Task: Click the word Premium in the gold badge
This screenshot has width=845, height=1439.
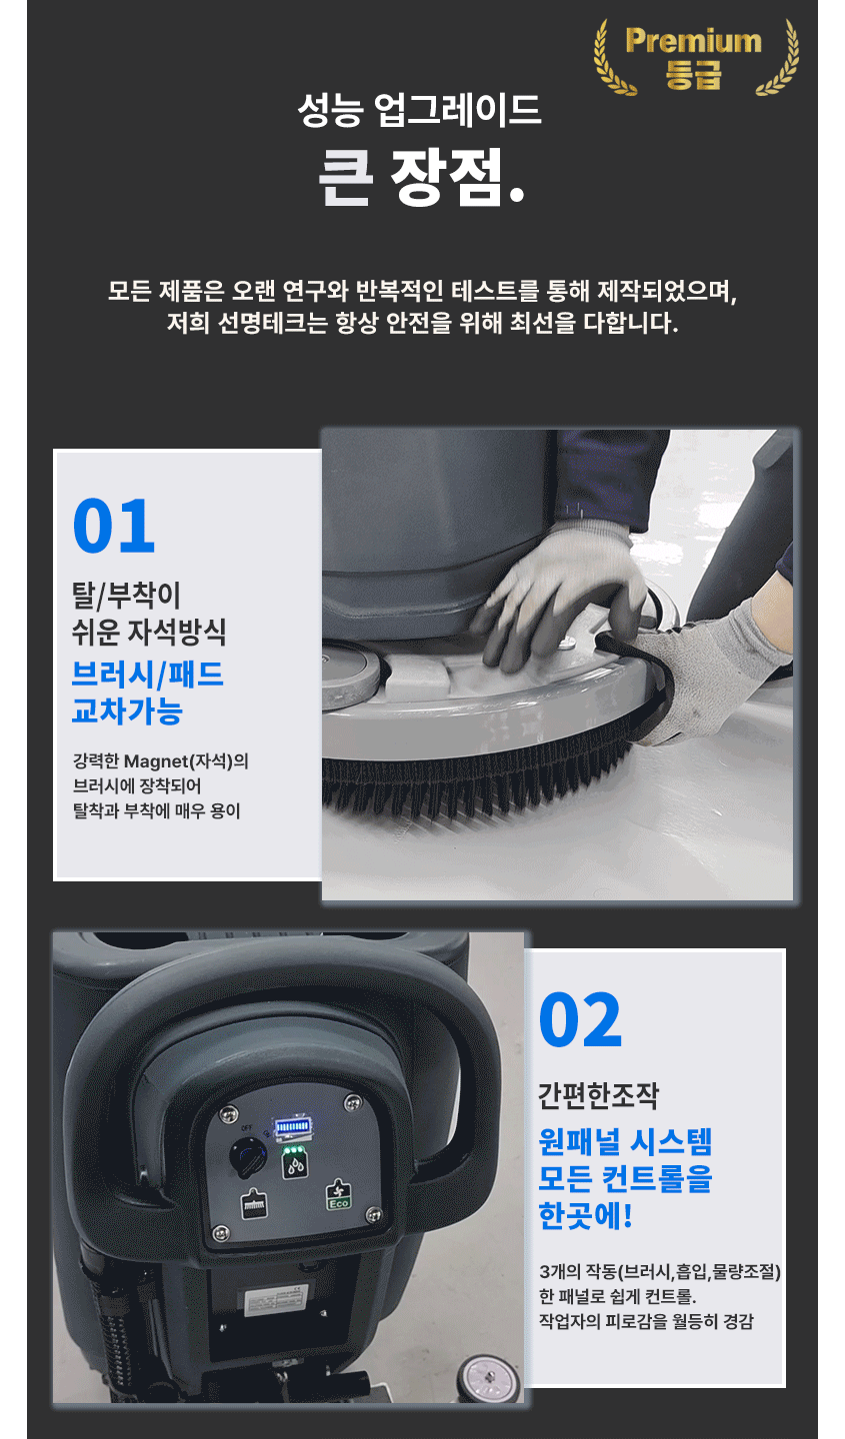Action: click(693, 42)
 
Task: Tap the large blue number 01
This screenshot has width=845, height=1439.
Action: click(114, 526)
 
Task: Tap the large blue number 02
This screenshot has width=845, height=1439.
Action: click(580, 1020)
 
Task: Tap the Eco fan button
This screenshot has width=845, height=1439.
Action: click(338, 1195)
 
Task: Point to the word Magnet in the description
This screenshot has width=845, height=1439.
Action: click(155, 761)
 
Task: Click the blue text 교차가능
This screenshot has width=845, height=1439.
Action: click(127, 711)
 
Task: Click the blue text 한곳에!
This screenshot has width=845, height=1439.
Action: click(585, 1215)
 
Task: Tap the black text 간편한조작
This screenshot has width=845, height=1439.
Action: click(599, 1096)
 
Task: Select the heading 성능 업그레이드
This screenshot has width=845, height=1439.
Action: click(419, 110)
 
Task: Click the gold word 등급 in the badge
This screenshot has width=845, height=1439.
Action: click(693, 74)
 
